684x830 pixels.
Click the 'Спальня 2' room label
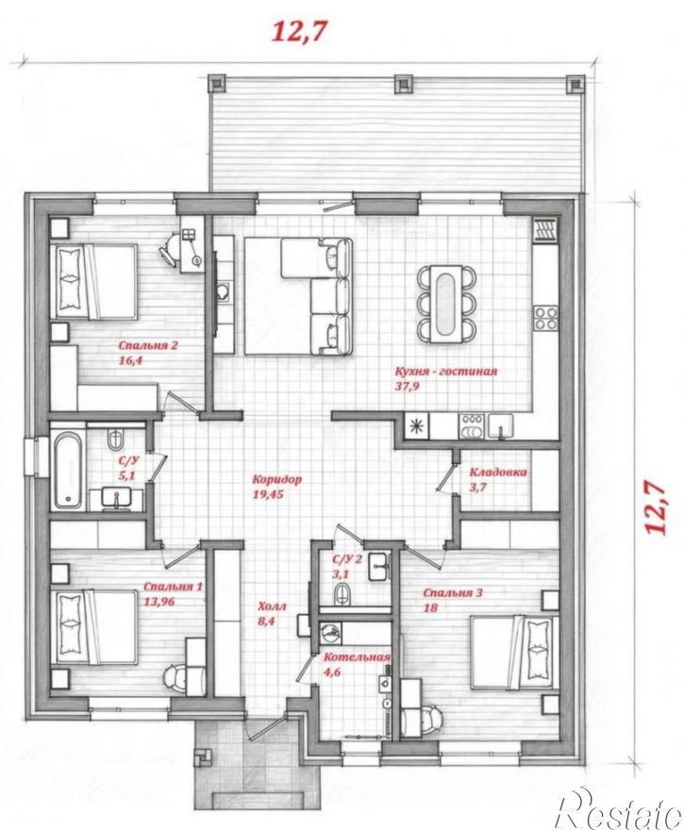pyautogui.click(x=148, y=345)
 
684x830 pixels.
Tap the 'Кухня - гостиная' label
pyautogui.click(x=446, y=371)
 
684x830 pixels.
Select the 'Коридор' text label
pyautogui.click(x=276, y=479)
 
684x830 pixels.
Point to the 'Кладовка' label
pyautogui.click(x=498, y=472)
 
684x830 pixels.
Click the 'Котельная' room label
pyautogui.click(x=357, y=656)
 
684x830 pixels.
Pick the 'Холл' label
pyautogui.click(x=272, y=606)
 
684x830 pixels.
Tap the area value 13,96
pyautogui.click(x=159, y=602)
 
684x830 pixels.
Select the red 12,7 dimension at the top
pyautogui.click(x=297, y=32)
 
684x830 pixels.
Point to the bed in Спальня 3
pyautogui.click(x=513, y=652)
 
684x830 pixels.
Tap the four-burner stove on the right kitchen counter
pyautogui.click(x=545, y=317)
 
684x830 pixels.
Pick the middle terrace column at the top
pyautogui.click(x=404, y=83)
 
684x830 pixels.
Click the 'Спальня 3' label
pyautogui.click(x=453, y=593)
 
